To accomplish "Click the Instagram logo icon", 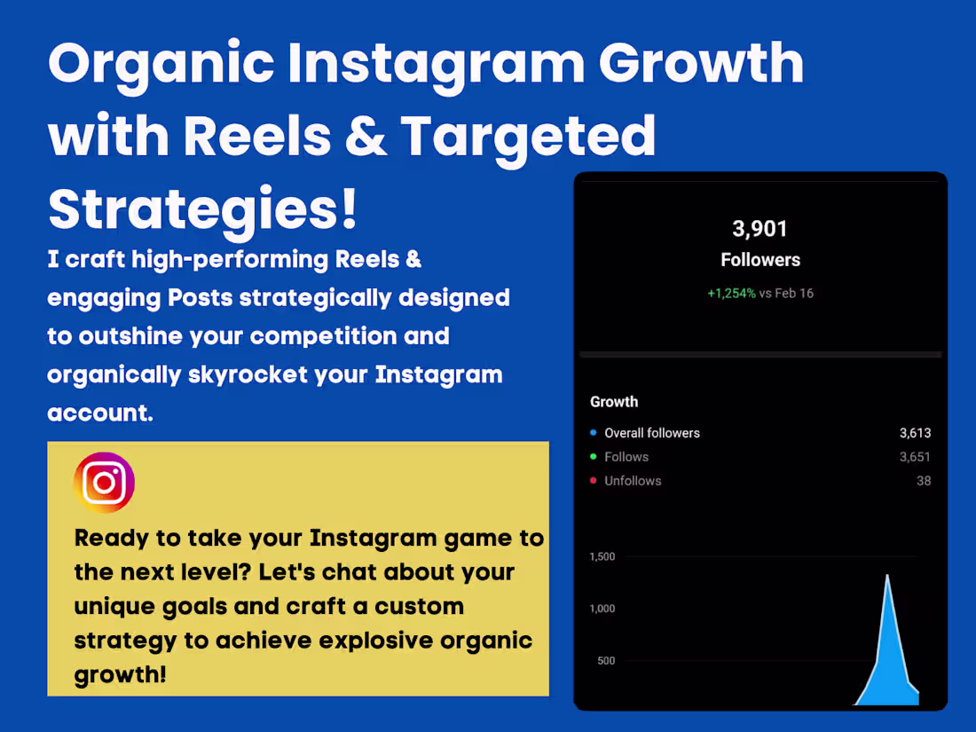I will (105, 483).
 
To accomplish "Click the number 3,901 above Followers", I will (760, 229).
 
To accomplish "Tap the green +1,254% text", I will (731, 293).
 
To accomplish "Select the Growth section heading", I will (614, 402).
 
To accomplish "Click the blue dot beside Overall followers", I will (593, 433).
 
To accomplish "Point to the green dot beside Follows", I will (593, 457).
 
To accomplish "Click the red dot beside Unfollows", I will (593, 481).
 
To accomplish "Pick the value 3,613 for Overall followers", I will (915, 433).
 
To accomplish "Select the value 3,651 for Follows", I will (915, 457).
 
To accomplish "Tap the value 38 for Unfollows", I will (924, 481).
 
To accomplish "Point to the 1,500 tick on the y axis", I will (602, 556).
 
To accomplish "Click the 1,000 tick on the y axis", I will (602, 609).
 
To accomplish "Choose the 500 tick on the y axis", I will (606, 661).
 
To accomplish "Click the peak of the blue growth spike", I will (886, 577).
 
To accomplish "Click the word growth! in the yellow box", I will (120, 674).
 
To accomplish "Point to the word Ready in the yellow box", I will (114, 538).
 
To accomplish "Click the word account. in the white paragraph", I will (100, 413).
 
